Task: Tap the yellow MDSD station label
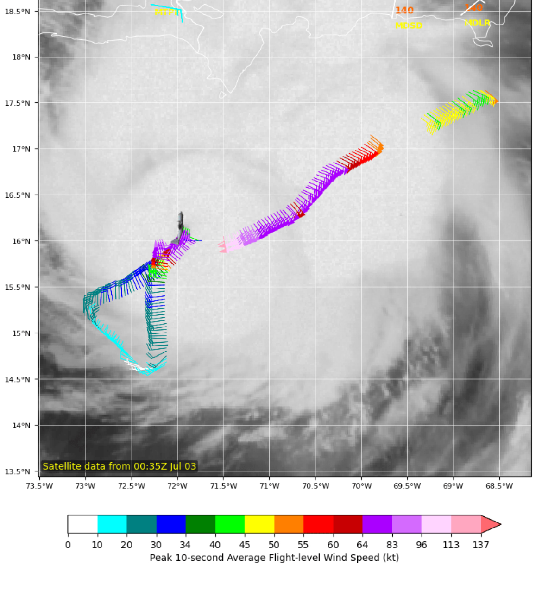pyautogui.click(x=409, y=25)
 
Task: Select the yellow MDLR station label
pyautogui.click(x=477, y=23)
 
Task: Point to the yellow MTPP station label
pyautogui.click(x=167, y=12)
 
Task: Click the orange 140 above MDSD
pyautogui.click(x=404, y=10)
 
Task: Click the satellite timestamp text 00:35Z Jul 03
pyautogui.click(x=164, y=466)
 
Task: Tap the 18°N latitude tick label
pyautogui.click(x=21, y=57)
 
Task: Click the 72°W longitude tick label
pyautogui.click(x=177, y=486)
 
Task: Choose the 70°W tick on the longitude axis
pyautogui.click(x=361, y=486)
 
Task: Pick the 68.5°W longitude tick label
pyautogui.click(x=499, y=486)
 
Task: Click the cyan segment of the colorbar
pyautogui.click(x=112, y=524)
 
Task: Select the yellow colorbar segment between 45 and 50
pyautogui.click(x=259, y=524)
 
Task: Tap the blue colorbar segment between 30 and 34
pyautogui.click(x=171, y=524)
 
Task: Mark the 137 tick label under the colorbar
pyautogui.click(x=481, y=545)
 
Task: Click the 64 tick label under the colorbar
pyautogui.click(x=362, y=545)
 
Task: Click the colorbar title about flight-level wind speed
pyautogui.click(x=274, y=558)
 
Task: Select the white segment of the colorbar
pyautogui.click(x=82, y=524)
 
